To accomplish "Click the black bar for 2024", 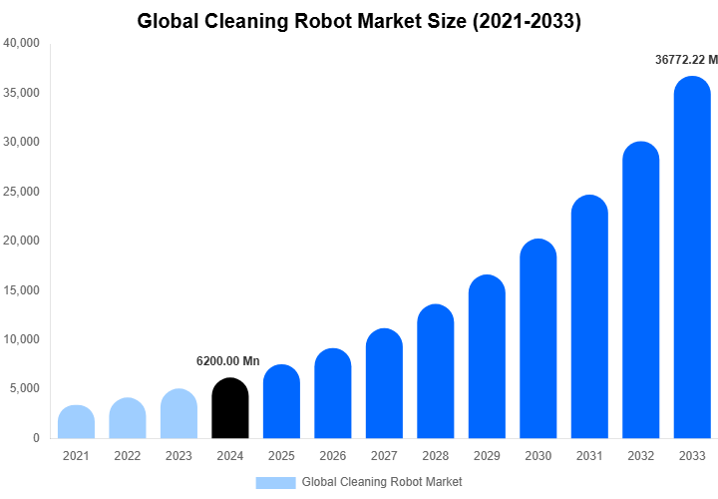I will pyautogui.click(x=230, y=408).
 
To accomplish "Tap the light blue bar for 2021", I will pyautogui.click(x=77, y=422).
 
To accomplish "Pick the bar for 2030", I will pyautogui.click(x=538, y=339).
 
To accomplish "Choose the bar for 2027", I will pyautogui.click(x=384, y=383).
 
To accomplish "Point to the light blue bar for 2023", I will pyautogui.click(x=179, y=414).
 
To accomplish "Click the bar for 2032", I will pyautogui.click(x=641, y=290).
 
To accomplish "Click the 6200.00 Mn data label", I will pyautogui.click(x=227, y=360).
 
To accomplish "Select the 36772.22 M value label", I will pyautogui.click(x=686, y=60).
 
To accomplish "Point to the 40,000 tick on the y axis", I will pyautogui.click(x=21, y=44).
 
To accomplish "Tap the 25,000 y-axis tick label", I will pyautogui.click(x=21, y=192).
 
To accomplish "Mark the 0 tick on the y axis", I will pyautogui.click(x=36, y=438).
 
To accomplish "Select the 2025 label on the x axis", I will pyautogui.click(x=281, y=456).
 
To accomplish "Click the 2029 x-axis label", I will pyautogui.click(x=487, y=456).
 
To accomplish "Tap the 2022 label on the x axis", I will pyautogui.click(x=128, y=456).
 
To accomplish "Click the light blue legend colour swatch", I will pyautogui.click(x=275, y=482).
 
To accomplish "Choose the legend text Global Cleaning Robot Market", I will pyautogui.click(x=382, y=482).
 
